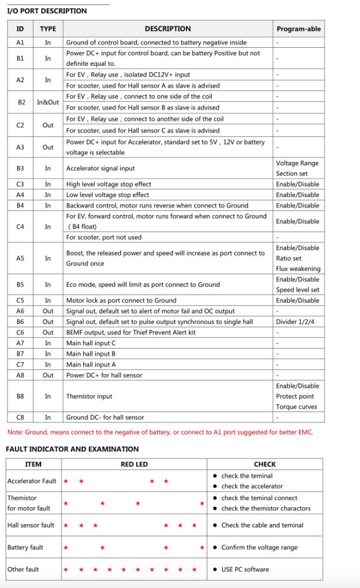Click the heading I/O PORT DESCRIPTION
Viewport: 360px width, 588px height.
point(47,11)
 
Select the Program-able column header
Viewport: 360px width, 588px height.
point(298,29)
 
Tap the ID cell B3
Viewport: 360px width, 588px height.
point(20,169)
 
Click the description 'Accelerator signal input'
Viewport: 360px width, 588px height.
point(100,169)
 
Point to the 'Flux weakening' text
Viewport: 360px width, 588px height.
point(298,269)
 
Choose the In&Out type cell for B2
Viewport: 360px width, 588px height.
point(48,102)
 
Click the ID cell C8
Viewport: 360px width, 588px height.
point(20,417)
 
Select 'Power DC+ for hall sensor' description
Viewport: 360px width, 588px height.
point(104,375)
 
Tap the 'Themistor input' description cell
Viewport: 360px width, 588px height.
point(89,396)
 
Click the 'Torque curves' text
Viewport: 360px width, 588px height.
point(296,407)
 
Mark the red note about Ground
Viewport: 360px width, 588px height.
point(160,432)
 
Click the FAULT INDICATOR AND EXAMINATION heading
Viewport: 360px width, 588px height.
point(72,449)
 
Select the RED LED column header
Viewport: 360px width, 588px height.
point(134,465)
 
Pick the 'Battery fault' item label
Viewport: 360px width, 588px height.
point(25,547)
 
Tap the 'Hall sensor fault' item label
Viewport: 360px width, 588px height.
point(31,525)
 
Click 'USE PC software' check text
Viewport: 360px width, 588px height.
point(245,569)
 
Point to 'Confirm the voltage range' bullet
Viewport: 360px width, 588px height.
point(259,547)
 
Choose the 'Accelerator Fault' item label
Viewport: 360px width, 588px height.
point(32,481)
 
